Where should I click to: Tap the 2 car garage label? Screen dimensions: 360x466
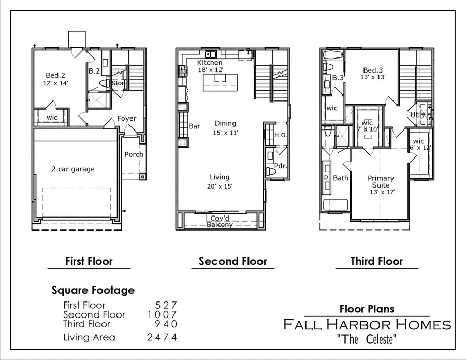(x=73, y=169)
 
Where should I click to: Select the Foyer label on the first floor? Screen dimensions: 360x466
(x=127, y=118)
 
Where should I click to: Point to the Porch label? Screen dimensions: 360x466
(x=134, y=154)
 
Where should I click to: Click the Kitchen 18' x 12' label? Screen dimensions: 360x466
(x=210, y=66)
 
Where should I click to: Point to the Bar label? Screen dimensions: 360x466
(x=195, y=126)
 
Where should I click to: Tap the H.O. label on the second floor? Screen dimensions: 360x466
(x=280, y=135)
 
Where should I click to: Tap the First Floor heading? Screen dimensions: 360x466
(x=89, y=261)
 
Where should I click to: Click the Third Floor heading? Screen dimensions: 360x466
(x=376, y=261)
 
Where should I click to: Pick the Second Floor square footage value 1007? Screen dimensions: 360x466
(x=162, y=314)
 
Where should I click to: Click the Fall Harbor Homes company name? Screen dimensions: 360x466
(x=367, y=325)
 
